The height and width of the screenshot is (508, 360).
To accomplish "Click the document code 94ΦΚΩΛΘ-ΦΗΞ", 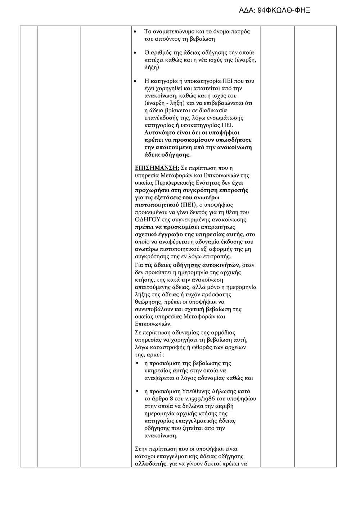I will (284, 10).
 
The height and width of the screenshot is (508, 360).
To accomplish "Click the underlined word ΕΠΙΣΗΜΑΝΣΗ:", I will (157, 168).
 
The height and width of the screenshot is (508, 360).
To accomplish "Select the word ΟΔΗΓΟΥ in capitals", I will (146, 219).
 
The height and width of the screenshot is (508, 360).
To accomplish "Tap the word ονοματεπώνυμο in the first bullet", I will (171, 32).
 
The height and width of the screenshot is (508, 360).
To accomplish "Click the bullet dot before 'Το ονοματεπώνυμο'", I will (135, 32).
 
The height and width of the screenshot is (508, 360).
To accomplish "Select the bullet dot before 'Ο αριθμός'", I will (135, 53).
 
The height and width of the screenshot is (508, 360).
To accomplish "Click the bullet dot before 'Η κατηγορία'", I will (135, 81).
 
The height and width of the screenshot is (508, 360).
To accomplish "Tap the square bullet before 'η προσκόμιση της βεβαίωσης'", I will (137, 363).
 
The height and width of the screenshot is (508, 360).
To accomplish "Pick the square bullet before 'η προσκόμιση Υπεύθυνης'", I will (137, 391).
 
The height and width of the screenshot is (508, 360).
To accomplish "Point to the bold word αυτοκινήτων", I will (223, 265).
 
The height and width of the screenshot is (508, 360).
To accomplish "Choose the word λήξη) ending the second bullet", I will (152, 68).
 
